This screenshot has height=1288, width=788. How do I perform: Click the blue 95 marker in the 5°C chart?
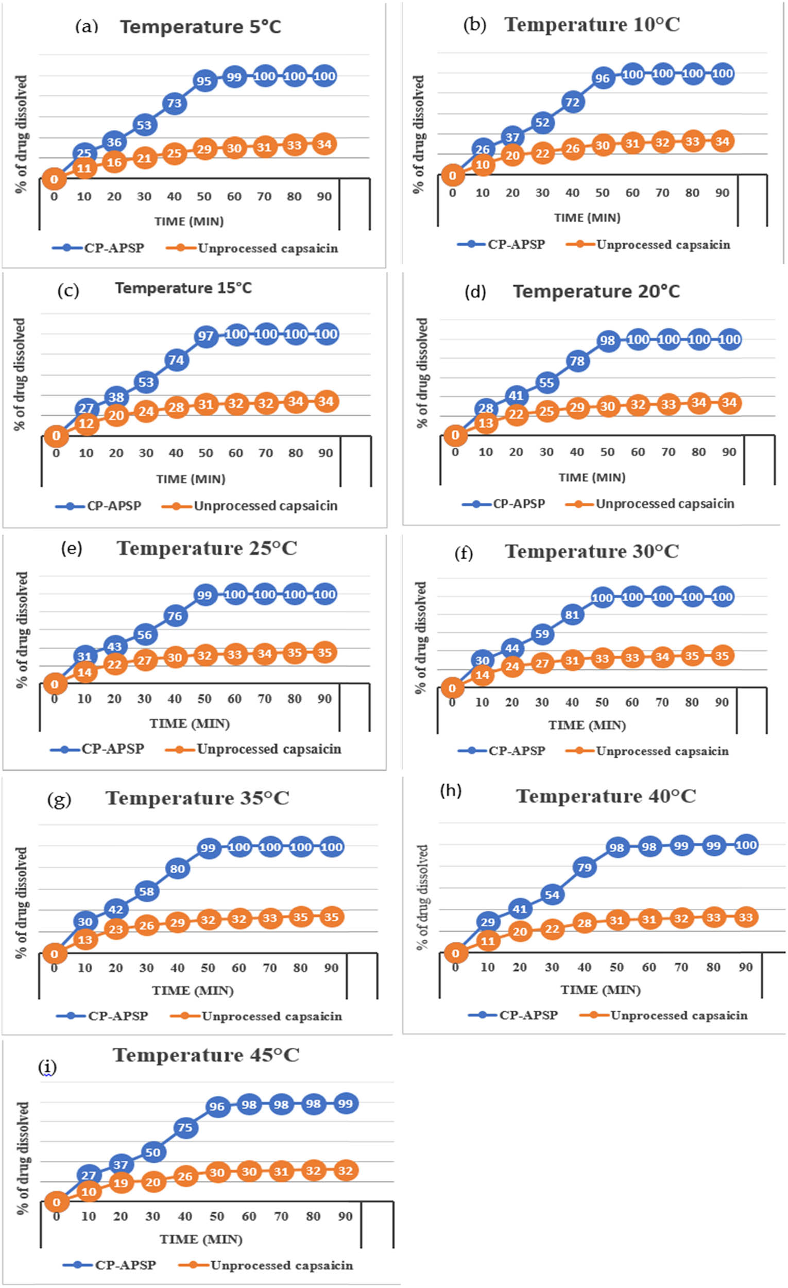pos(204,81)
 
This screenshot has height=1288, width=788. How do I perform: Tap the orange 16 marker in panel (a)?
pos(114,162)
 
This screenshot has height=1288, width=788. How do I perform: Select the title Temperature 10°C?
pos(592,25)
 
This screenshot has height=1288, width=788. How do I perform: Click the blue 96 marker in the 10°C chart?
pos(602,78)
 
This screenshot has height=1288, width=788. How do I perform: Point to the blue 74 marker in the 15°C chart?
pos(176,360)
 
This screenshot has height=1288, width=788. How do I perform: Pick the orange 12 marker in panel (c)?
pos(85,424)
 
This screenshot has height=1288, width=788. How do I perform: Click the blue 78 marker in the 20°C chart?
pos(577,361)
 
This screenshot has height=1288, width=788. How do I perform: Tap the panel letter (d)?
pos(475,292)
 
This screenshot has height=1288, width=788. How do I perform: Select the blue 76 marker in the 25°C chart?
pos(175,616)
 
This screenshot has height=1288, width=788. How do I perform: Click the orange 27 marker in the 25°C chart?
pos(144,660)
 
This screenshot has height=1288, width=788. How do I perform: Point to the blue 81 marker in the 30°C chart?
pos(572,615)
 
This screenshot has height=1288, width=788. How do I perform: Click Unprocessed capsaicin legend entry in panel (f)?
pos(661,751)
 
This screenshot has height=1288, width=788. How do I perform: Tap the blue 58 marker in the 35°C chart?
pos(146,891)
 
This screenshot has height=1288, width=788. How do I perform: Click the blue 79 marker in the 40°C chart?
pos(584,868)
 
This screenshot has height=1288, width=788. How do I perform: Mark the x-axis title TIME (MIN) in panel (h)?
pos(601,990)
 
